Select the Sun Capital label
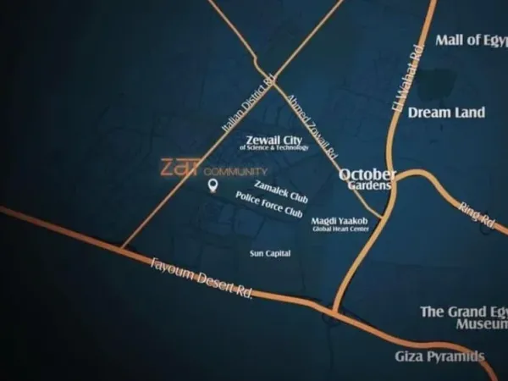(x=270, y=253)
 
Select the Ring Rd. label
(x=476, y=213)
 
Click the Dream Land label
(x=446, y=112)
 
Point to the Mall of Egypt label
(x=471, y=40)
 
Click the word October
(x=367, y=174)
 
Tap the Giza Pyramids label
(x=439, y=356)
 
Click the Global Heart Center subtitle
(x=340, y=229)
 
